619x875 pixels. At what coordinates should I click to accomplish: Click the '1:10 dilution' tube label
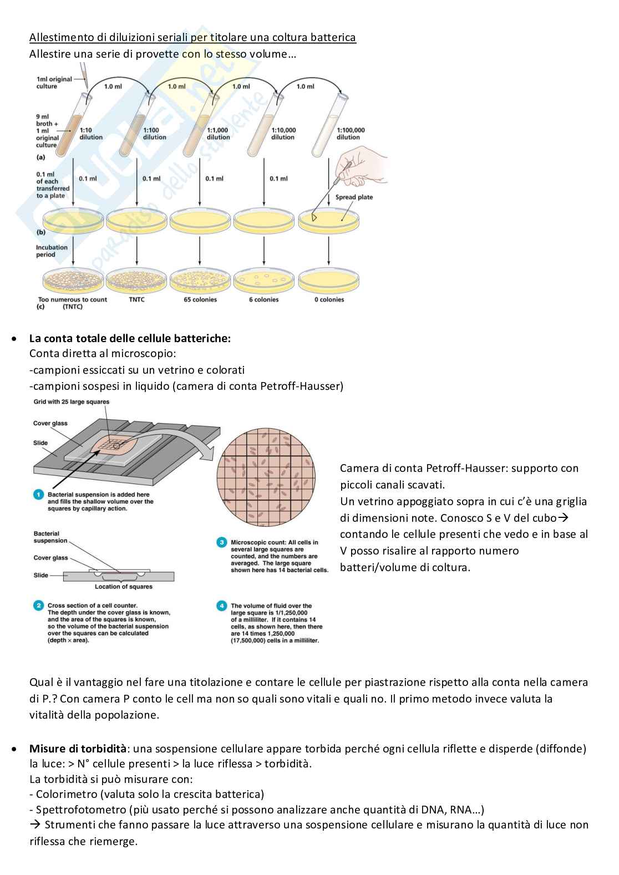point(91,134)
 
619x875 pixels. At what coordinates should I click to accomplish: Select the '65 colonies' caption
point(200,299)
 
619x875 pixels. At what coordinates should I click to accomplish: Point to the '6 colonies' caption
point(263,299)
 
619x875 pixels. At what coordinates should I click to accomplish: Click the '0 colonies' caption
point(329,299)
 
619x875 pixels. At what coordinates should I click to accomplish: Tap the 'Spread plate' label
point(354,197)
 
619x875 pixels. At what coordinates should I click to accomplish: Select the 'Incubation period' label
point(52,251)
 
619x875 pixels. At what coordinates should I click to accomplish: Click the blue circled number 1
point(38,495)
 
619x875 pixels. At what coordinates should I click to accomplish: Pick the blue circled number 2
point(38,606)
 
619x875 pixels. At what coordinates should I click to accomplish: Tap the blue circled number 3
point(221,542)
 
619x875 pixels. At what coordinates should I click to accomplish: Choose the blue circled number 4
point(221,606)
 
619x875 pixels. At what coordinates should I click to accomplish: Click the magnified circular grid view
point(266,477)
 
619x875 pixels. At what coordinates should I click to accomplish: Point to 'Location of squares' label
point(123,587)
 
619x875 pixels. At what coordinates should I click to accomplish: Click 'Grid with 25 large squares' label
point(71,401)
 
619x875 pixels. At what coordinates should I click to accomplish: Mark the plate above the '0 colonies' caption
point(329,281)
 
